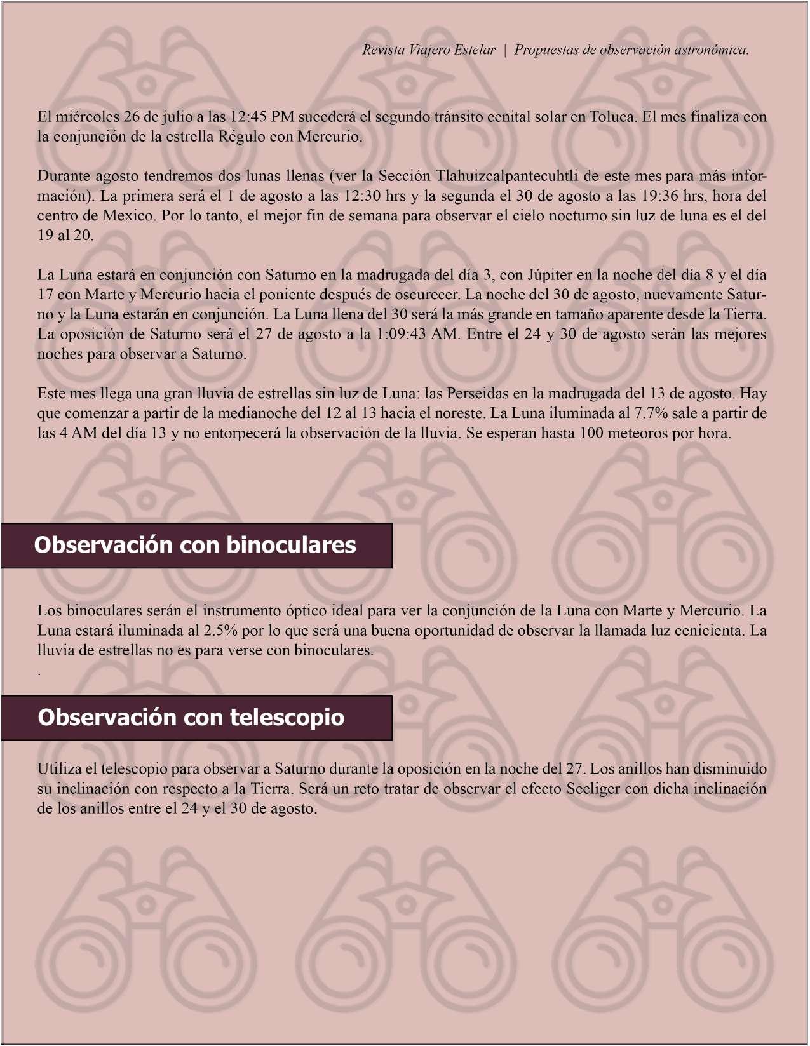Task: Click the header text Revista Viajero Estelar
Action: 429,50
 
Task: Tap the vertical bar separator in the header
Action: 505,50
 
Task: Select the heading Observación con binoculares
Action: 195,545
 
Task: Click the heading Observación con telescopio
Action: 191,717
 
